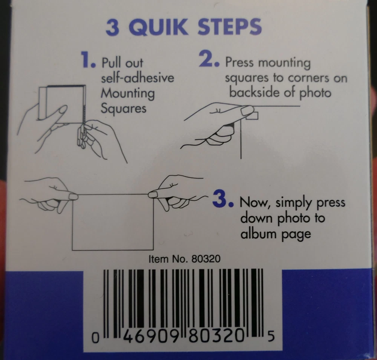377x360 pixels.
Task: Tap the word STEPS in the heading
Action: pyautogui.click(x=230, y=26)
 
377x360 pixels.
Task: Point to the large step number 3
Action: pyautogui.click(x=223, y=199)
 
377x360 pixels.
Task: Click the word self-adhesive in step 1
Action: pyautogui.click(x=137, y=78)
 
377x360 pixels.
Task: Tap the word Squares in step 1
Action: pyautogui.click(x=124, y=109)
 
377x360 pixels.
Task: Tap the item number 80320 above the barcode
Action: pyautogui.click(x=206, y=259)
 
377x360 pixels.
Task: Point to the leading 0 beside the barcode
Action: pyautogui.click(x=95, y=338)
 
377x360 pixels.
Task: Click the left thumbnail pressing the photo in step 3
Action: pyautogui.click(x=74, y=197)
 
